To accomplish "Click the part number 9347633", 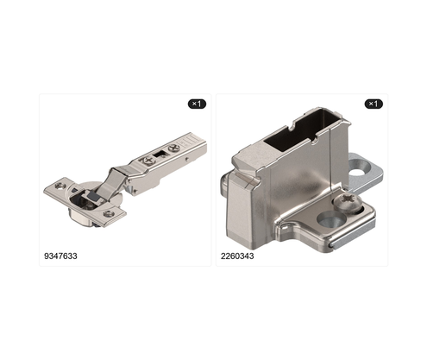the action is [60, 256].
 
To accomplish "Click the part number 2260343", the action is [237, 256].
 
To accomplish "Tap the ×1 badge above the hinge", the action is [197, 104].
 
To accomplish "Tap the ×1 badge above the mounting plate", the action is [374, 104].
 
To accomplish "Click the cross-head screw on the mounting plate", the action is [348, 202].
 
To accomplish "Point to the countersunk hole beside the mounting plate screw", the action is [331, 219].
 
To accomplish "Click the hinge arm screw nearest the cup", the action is [147, 161].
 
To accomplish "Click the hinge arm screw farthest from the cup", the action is [174, 148].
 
